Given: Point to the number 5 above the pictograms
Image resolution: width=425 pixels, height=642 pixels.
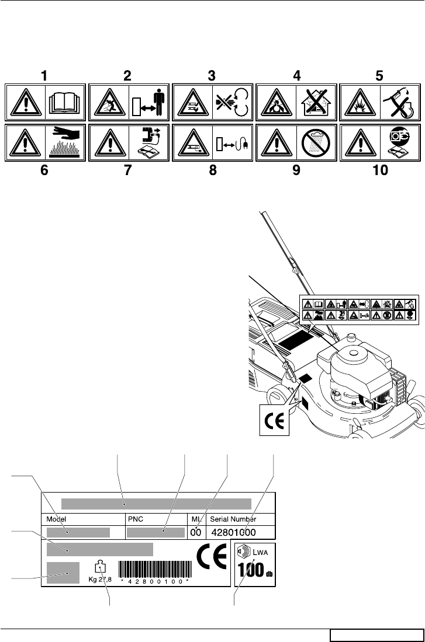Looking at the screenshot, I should point(379,76).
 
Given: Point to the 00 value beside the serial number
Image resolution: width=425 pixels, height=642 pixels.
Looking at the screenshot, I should point(195,532).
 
